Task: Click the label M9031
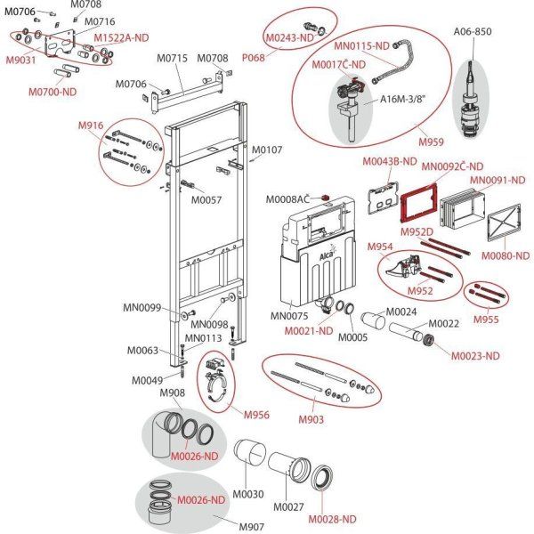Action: coord(21,60)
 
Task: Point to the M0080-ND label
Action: coord(505,256)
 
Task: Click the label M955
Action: coord(486,319)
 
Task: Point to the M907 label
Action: coord(253,525)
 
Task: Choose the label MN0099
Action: coord(142,308)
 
